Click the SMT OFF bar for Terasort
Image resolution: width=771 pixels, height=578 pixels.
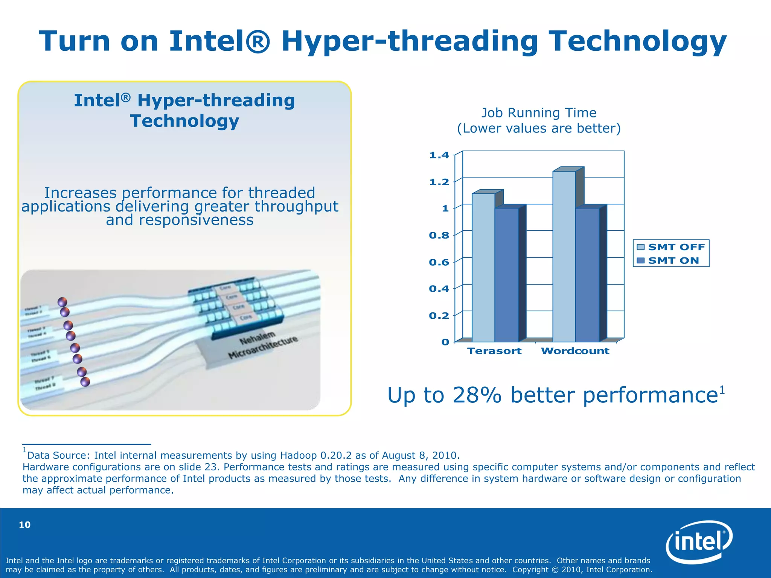click(483, 267)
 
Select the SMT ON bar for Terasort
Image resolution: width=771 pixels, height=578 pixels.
click(506, 275)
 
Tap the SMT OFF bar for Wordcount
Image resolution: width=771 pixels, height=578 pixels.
click(564, 256)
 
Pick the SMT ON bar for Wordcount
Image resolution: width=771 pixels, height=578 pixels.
click(587, 275)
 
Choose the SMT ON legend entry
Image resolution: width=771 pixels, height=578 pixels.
click(668, 260)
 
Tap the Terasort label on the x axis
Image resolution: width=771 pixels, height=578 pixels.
click(494, 351)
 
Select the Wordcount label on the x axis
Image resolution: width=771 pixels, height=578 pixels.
click(575, 351)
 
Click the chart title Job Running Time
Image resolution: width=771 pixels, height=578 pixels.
click(539, 113)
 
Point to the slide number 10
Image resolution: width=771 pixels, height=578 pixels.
click(25, 525)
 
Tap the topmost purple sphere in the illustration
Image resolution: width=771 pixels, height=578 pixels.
click(62, 302)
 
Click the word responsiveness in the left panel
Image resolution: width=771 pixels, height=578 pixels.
click(180, 220)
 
